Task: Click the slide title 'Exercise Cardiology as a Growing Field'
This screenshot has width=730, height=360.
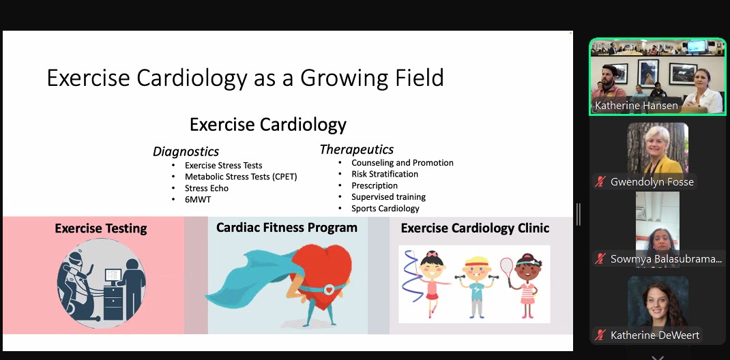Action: tap(245, 78)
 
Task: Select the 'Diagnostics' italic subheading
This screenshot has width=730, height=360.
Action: tap(186, 151)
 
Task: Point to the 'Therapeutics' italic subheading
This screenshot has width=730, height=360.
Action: tap(356, 149)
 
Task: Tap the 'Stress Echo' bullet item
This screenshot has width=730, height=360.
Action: tap(206, 188)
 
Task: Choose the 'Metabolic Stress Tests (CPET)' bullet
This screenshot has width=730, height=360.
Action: tap(240, 177)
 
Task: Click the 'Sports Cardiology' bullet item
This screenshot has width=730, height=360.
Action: tap(385, 209)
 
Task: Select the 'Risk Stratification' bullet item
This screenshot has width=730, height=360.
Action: tap(384, 175)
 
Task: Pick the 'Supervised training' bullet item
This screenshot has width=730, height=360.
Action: tap(388, 197)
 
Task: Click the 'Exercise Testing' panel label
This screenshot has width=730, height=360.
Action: tap(100, 228)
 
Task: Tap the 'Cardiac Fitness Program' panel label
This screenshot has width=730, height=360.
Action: tap(287, 228)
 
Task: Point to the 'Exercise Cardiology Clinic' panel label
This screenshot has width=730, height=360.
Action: tap(475, 228)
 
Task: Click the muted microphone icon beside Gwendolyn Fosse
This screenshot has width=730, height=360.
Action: tap(600, 182)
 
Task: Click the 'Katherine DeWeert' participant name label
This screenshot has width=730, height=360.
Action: tap(654, 335)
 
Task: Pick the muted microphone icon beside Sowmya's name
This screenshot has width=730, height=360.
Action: tap(600, 258)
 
